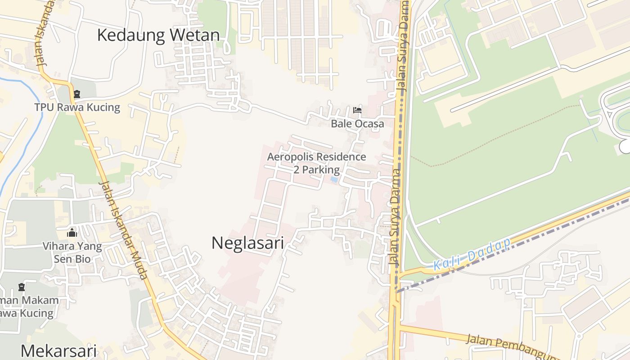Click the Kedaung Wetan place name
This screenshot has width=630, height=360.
pos(158,35)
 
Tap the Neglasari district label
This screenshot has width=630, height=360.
pos(247,243)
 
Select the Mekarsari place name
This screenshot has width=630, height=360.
pos(58,351)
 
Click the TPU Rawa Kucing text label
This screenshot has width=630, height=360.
pos(77,108)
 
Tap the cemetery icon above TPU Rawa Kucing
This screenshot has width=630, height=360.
pos(76,94)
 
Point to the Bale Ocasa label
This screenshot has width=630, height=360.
pos(357,123)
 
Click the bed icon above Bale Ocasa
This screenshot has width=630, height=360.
pos(357,110)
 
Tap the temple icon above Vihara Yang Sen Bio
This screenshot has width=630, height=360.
pos(72,233)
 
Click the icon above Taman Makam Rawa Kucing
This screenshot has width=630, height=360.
pos(21,287)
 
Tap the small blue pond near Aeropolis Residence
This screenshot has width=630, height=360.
pos(334,179)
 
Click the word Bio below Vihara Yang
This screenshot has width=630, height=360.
pos(83,259)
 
